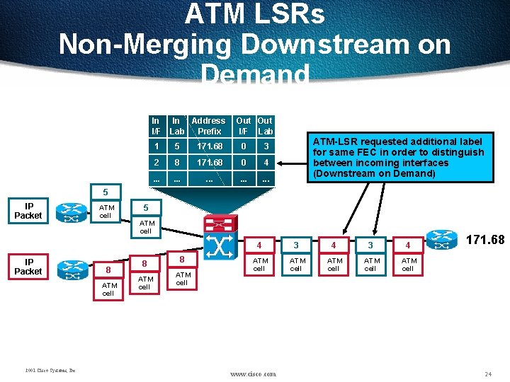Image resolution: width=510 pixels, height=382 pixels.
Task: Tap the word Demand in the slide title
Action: click(255, 74)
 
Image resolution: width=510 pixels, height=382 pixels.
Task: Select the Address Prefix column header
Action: click(208, 126)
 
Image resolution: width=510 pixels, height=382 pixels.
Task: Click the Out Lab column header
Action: click(266, 126)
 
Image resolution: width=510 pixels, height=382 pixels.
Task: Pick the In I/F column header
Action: click(156, 126)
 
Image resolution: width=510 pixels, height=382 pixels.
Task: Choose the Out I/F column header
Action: click(243, 126)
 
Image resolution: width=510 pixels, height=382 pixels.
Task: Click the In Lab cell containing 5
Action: click(177, 146)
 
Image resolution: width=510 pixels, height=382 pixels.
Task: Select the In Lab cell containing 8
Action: click(177, 163)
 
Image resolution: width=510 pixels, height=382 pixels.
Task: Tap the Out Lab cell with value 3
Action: click(266, 146)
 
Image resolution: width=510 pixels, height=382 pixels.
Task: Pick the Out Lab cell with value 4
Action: click(266, 163)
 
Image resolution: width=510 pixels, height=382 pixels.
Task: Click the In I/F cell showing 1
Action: click(156, 146)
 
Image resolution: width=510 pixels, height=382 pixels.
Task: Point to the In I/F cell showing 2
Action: click(156, 163)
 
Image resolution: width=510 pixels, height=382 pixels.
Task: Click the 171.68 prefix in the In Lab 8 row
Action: click(210, 163)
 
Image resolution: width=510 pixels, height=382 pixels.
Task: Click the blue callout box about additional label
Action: click(399, 158)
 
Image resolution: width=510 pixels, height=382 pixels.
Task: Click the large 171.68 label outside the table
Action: click(485, 240)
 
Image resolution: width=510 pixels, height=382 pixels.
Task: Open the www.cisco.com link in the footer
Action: click(254, 373)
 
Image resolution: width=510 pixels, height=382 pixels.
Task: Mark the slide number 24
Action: click(487, 373)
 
